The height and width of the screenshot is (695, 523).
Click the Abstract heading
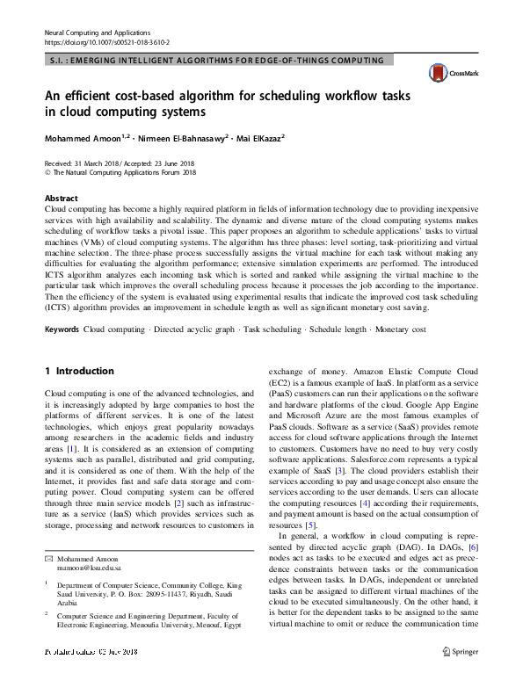(x=61, y=199)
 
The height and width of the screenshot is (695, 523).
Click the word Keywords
(x=62, y=329)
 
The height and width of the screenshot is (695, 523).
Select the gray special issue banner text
(x=217, y=61)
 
